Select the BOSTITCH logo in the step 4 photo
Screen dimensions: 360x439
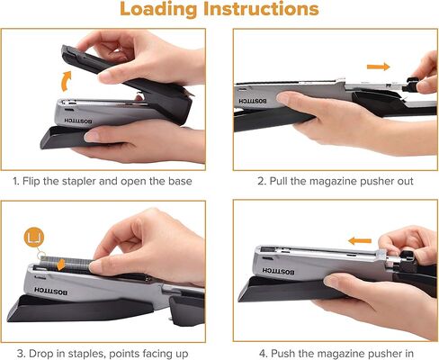267,273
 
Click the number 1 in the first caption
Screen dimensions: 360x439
16,180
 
